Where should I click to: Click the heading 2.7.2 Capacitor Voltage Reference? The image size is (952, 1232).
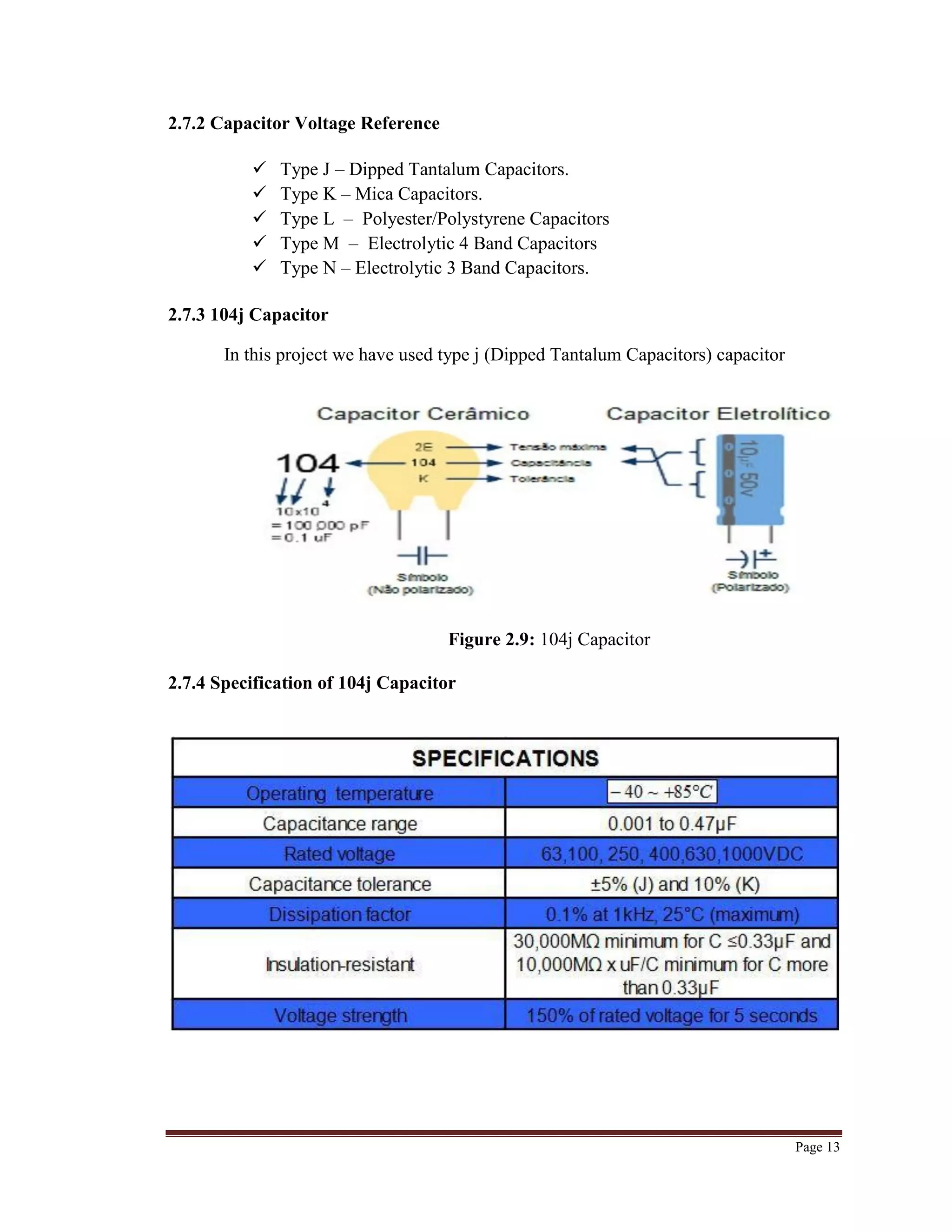tap(304, 123)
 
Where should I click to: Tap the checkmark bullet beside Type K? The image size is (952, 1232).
tap(259, 193)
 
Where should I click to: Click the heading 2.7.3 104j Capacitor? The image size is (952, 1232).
tap(248, 314)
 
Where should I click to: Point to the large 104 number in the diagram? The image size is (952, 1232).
tap(307, 464)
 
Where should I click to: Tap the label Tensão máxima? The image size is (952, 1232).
tap(558, 447)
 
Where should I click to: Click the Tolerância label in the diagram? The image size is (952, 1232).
tap(542, 479)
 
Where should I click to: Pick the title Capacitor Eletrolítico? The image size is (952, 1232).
tap(718, 414)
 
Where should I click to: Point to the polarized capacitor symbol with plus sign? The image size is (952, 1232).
tap(752, 558)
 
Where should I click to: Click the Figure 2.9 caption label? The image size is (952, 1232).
tap(491, 639)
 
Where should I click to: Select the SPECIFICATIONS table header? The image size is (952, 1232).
tap(505, 758)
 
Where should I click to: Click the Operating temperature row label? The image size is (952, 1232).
tap(339, 793)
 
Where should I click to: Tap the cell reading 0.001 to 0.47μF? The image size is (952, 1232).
tap(672, 824)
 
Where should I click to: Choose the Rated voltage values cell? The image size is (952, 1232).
tap(672, 854)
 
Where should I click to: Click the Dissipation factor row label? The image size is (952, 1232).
tap(339, 914)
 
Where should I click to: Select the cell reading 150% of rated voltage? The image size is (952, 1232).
tap(672, 1016)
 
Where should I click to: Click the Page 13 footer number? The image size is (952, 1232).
tap(817, 1147)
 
